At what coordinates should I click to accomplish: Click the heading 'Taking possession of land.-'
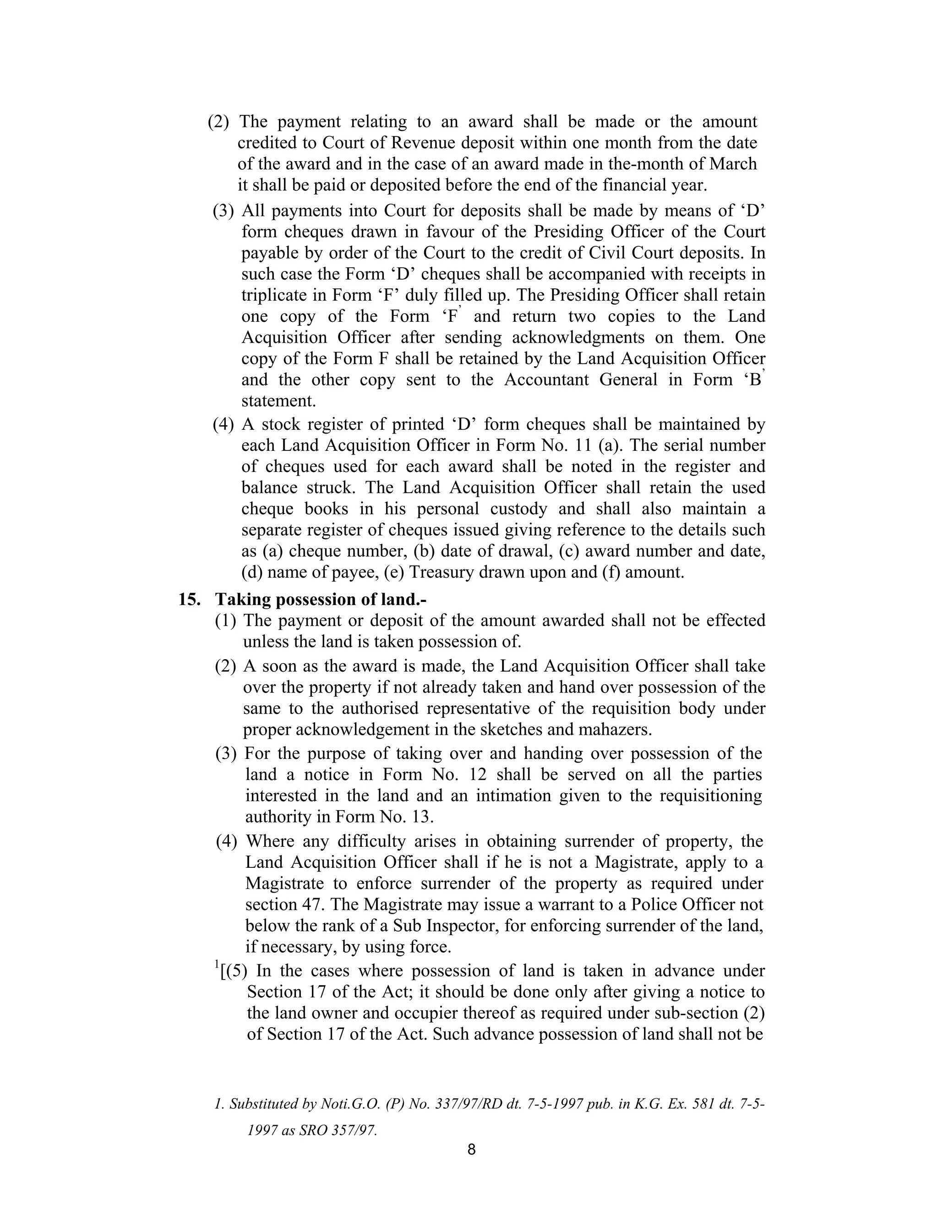tap(321, 599)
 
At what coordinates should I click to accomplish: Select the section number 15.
tap(188, 599)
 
